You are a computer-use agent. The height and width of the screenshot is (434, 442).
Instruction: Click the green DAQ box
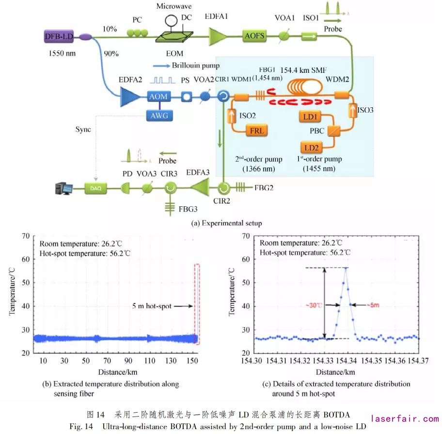95,187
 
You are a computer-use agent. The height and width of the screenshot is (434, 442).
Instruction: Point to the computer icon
64,187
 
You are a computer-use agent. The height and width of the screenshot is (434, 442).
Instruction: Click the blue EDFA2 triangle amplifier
131,96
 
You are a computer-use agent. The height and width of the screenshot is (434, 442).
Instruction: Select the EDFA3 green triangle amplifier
201,187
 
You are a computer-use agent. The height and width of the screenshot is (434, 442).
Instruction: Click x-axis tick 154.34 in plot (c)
346,361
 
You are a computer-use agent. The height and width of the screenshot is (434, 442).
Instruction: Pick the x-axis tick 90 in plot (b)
128,361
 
